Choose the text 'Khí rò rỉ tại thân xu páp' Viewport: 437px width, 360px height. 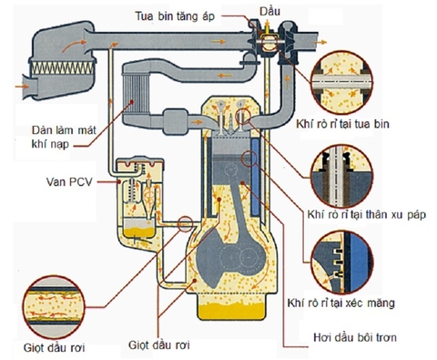pyautogui.click(x=358, y=214)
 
